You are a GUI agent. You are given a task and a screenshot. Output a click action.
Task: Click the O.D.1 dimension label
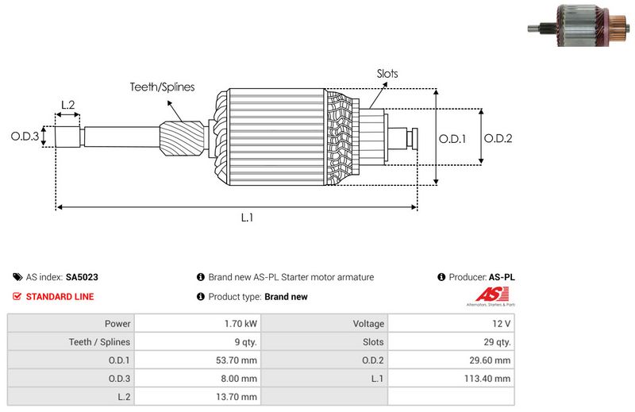coord(452,138)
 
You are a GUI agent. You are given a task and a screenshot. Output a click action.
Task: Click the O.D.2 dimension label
coord(498,138)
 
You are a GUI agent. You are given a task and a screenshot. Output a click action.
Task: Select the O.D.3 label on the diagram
coord(25,137)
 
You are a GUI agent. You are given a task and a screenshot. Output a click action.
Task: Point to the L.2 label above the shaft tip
coord(67,104)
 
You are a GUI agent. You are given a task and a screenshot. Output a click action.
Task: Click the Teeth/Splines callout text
coord(162,87)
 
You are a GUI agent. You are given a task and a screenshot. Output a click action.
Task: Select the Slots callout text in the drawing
coord(387,74)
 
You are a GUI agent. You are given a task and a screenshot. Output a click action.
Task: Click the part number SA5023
coord(82,278)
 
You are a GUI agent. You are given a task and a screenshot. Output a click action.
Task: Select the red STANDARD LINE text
coord(60,297)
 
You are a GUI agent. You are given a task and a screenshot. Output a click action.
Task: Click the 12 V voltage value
coord(502,324)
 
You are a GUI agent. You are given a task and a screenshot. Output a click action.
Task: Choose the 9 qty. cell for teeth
coord(243,342)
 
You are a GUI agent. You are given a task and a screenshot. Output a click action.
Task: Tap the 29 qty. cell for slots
coord(497,342)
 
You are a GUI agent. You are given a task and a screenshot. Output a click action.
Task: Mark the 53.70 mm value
coord(237,360)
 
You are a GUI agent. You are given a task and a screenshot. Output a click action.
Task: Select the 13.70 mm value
coord(237,397)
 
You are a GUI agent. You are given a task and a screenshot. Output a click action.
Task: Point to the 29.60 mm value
coord(491,360)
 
